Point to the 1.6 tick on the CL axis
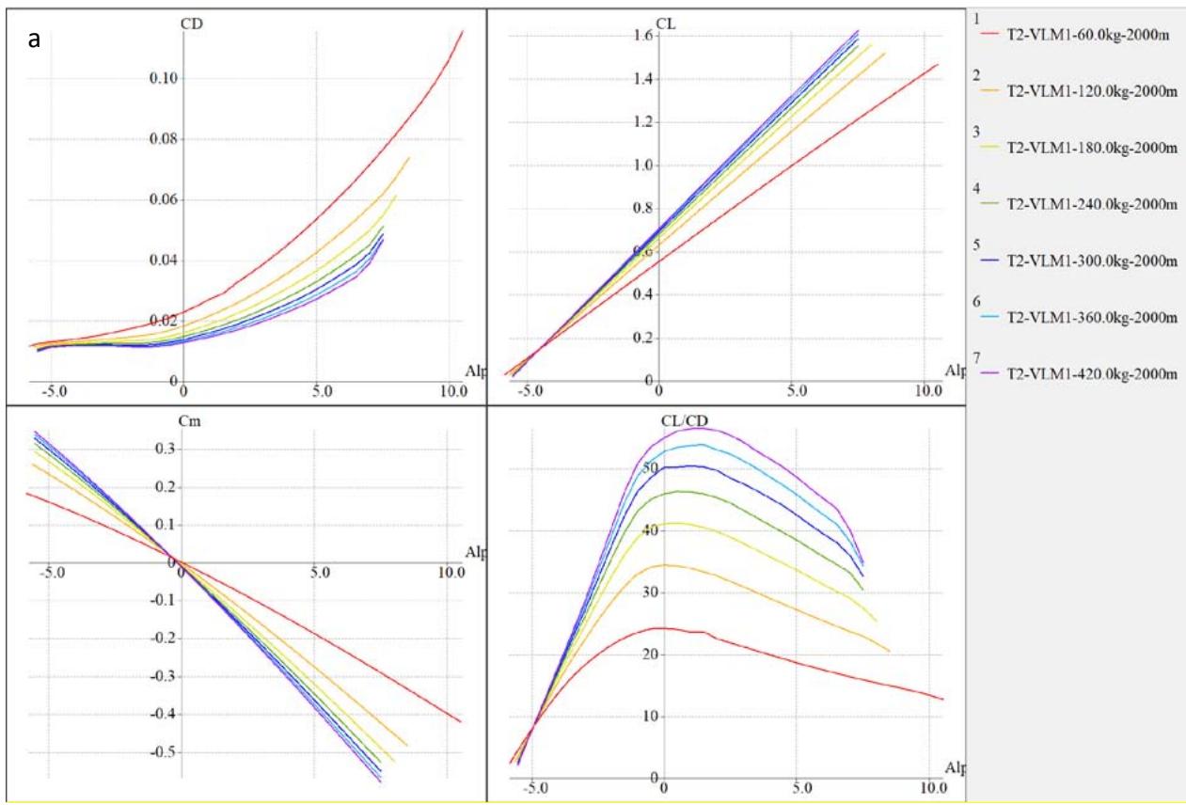[643, 36]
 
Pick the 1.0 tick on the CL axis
[643, 166]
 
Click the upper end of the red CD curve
[463, 31]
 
